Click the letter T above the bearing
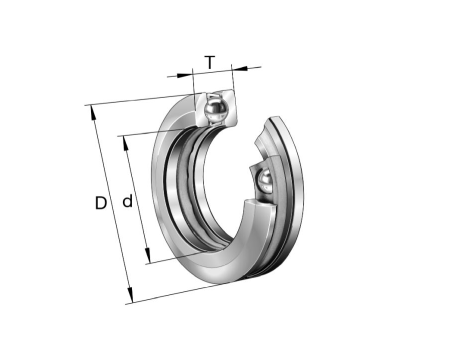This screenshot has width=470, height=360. pyautogui.click(x=210, y=62)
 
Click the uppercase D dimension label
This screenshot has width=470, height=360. pyautogui.click(x=101, y=203)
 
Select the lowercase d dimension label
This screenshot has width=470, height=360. pyautogui.click(x=128, y=201)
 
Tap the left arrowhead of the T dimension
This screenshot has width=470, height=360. pyautogui.click(x=184, y=75)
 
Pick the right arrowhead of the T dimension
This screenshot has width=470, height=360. pyautogui.click(x=239, y=69)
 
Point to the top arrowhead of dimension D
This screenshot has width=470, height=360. pyautogui.click(x=93, y=113)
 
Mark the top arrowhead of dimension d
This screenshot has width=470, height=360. pyautogui.click(x=126, y=143)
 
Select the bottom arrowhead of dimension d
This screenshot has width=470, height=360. pyautogui.click(x=147, y=256)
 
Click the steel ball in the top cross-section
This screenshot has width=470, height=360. pyautogui.click(x=216, y=108)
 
